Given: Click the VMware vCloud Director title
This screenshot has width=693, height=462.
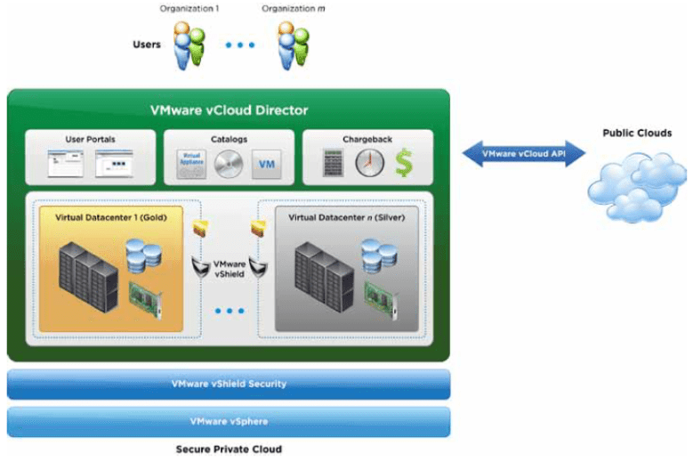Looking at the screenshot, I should pos(229,110).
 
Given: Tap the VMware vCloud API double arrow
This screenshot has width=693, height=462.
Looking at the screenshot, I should pos(524,153).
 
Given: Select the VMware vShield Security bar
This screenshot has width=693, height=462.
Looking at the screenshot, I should pos(229,384).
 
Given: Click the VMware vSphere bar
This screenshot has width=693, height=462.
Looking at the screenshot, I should pos(229,421).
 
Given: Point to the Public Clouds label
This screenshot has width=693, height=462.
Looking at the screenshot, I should pos(637,134).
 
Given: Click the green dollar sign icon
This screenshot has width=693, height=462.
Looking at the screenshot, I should pos(405,163).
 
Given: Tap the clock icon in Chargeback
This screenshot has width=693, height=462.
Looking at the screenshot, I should pos(369,163).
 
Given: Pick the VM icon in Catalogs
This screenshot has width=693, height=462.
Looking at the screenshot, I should pos(265,164).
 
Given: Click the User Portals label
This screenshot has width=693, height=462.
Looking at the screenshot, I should pos(90,140).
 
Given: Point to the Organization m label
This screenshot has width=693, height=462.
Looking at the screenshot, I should pos(289,9).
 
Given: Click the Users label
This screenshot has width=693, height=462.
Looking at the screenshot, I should pos(147,44).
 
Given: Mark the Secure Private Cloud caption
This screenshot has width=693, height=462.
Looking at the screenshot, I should pos(229,450).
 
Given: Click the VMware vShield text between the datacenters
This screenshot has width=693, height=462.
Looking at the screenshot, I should pos(230,269).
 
